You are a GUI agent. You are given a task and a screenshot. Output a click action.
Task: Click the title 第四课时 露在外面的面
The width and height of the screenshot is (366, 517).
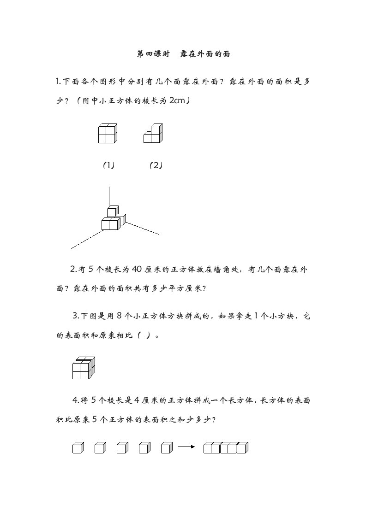184,54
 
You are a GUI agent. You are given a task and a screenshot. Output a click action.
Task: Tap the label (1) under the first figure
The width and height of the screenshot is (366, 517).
108,165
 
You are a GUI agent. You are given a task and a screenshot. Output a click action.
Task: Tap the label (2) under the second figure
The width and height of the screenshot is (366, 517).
156,165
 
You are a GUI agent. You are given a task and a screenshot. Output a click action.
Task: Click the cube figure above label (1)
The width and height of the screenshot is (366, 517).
108,134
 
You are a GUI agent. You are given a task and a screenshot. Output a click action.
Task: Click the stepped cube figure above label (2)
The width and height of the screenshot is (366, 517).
153,133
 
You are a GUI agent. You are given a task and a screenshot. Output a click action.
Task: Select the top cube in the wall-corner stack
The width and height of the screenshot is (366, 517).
113,211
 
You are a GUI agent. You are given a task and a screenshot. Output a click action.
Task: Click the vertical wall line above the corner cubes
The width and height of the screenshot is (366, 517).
109,196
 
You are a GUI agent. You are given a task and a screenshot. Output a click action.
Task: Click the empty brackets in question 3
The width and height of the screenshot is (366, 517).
143,336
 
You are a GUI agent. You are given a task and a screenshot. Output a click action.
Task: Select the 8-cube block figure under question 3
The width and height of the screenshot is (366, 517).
84,368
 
